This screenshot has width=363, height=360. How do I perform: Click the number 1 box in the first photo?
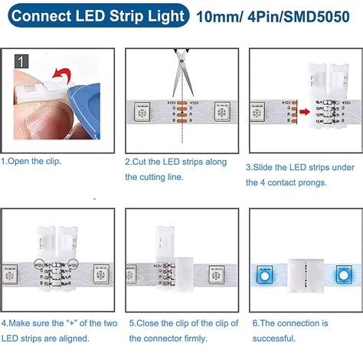point(22,60)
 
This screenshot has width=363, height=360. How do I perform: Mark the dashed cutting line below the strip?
point(181,138)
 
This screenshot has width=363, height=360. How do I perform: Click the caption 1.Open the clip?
point(31,162)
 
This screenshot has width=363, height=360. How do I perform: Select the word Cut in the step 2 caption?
point(142,162)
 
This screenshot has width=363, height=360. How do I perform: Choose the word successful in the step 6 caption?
point(273,338)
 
